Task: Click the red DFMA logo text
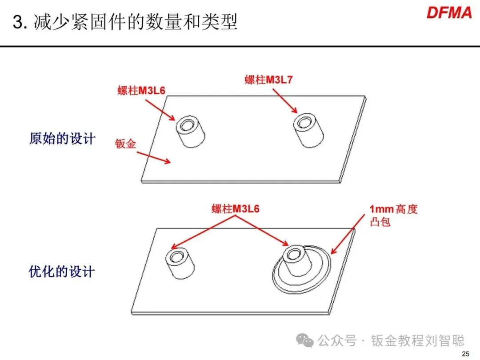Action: [449, 12]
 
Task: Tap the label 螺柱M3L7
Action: [268, 80]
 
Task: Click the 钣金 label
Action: [125, 144]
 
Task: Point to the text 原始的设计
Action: [62, 138]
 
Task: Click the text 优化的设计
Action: [62, 272]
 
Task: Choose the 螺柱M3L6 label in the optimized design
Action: [235, 209]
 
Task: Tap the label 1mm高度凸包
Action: [393, 215]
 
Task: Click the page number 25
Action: [465, 354]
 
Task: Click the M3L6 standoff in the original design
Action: [191, 132]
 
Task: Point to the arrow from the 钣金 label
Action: [153, 157]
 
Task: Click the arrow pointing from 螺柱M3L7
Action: [284, 100]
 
